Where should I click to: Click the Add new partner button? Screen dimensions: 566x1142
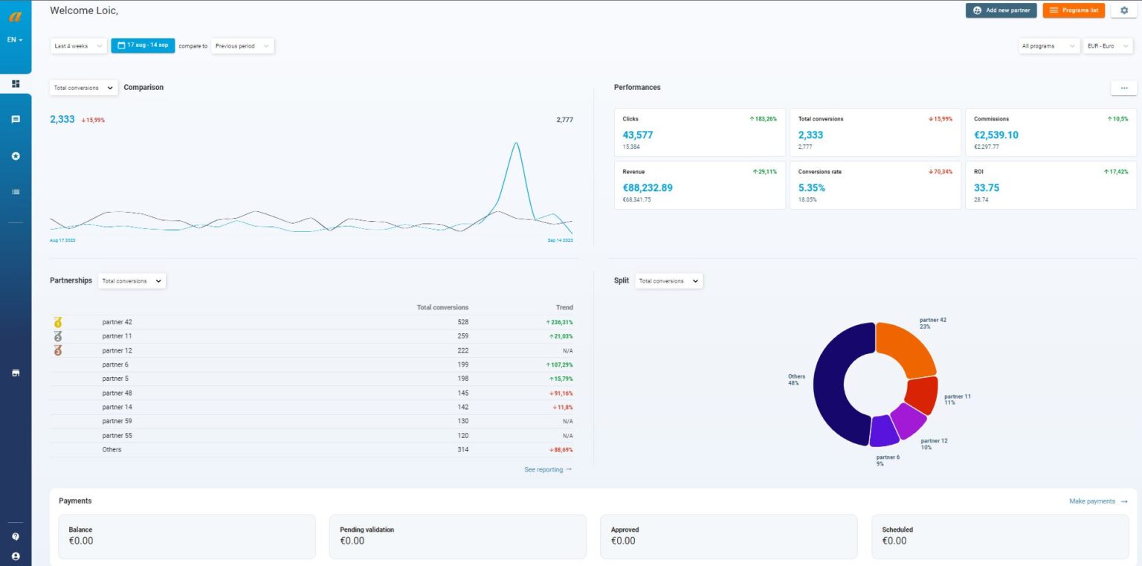(x=1001, y=10)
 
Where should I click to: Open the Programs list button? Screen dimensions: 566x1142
(x=1074, y=10)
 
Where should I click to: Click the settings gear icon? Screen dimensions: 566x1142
(x=1123, y=10)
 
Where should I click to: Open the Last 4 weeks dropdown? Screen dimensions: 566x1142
(x=79, y=46)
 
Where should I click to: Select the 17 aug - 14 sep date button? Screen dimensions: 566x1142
(x=143, y=45)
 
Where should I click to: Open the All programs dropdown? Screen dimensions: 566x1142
(x=1049, y=46)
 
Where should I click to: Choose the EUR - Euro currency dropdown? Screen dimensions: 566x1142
(x=1106, y=46)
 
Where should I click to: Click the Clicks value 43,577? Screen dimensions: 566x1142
(x=638, y=135)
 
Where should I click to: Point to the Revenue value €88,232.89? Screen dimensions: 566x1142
(x=648, y=188)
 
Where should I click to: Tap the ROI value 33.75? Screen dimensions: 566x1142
(x=987, y=188)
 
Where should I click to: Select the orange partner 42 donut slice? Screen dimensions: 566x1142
(x=906, y=347)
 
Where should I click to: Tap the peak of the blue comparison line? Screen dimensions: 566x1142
(x=516, y=143)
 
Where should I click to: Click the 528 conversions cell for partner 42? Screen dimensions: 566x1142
(x=462, y=322)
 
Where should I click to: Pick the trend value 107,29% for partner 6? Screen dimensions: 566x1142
(x=561, y=364)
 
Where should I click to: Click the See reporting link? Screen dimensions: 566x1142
(x=548, y=469)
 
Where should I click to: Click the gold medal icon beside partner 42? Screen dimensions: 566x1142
(x=58, y=322)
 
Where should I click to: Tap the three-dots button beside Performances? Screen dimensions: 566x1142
(x=1123, y=88)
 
